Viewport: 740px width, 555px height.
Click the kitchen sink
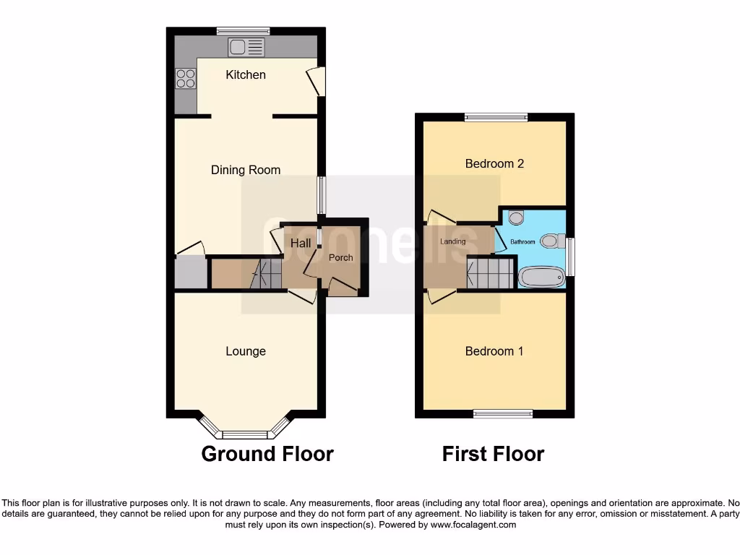pos(246,48)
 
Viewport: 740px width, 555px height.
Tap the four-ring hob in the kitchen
pos(186,77)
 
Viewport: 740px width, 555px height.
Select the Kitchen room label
pos(246,74)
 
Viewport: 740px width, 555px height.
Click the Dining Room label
pos(246,170)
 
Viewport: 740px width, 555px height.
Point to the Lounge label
pos(246,351)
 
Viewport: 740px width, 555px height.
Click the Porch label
pos(341,257)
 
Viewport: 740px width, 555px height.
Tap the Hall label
pos(301,243)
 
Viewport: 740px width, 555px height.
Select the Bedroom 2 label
pos(494,163)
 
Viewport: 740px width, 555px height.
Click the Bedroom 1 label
pos(494,351)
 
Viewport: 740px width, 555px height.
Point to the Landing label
pos(453,241)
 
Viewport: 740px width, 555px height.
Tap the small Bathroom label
pos(523,241)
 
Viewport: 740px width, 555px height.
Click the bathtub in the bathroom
pos(541,276)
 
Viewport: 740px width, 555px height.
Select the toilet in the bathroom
pos(554,241)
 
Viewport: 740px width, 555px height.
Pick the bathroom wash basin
pos(516,216)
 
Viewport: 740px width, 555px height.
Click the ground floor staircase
pos(264,274)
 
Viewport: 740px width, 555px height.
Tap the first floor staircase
pos(490,274)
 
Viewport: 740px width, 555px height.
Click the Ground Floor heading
pos(267,454)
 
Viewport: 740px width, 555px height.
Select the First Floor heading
pos(493,454)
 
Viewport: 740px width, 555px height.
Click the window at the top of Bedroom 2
pos(496,117)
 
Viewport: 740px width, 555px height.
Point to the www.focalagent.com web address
pos(473,525)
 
